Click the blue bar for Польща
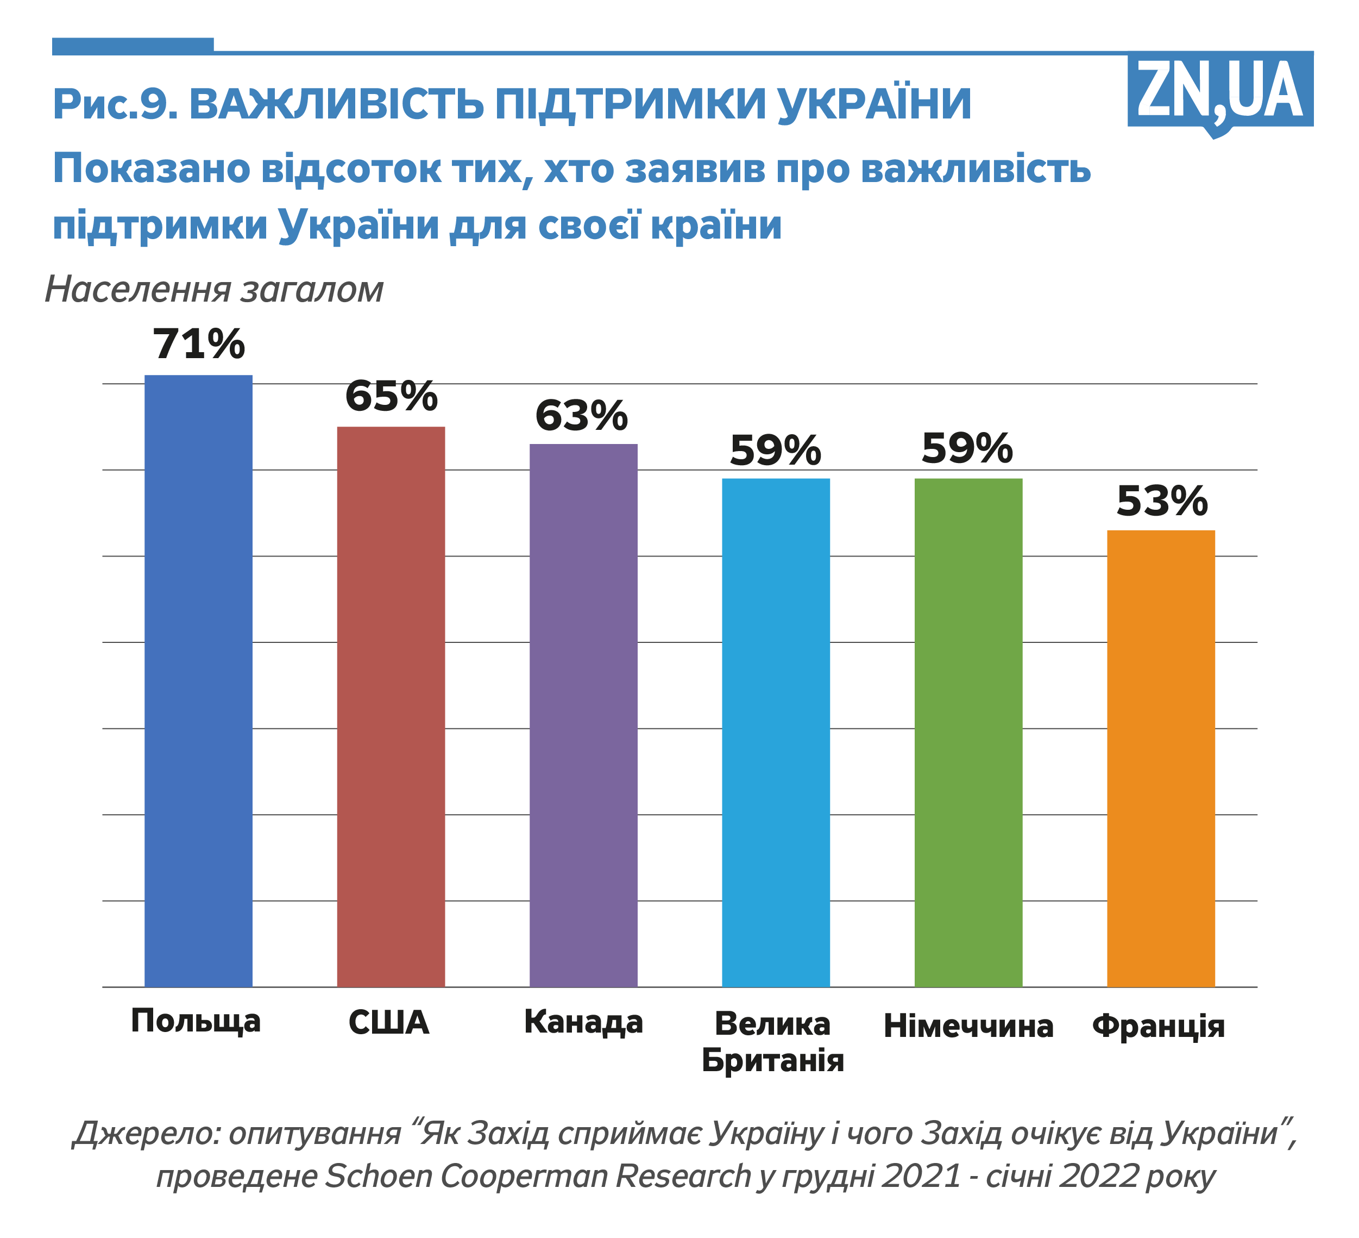click(198, 681)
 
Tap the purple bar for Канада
click(583, 715)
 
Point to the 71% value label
click(199, 344)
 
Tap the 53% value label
click(1161, 502)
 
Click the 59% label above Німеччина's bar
click(967, 448)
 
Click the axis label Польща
click(196, 1021)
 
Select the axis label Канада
click(584, 1022)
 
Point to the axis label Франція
click(1158, 1026)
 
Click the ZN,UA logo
click(1219, 91)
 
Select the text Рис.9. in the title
click(115, 104)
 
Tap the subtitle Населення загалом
click(215, 290)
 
